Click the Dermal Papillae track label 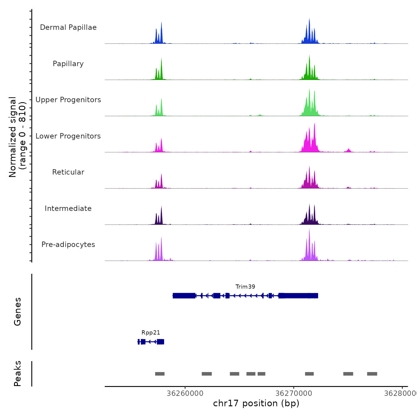point(68,27)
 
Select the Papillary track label point(68,64)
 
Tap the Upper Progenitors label point(68,100)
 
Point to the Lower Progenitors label point(68,136)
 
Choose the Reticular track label point(68,172)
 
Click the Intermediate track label point(68,208)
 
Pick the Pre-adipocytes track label point(68,245)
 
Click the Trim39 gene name point(245,287)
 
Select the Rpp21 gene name point(151,333)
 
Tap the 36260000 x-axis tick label point(185,393)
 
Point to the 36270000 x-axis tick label point(294,393)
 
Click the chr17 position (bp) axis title point(256,403)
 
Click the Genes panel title point(18,312)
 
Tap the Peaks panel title point(18,374)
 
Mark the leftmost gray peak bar point(160,374)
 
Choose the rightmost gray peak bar point(372,374)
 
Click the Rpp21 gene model point(151,342)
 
